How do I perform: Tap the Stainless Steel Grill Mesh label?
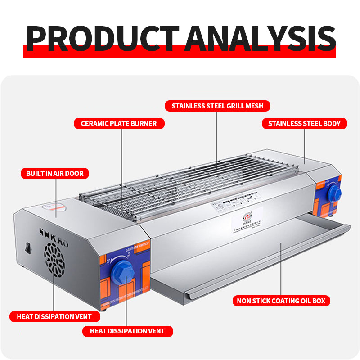217,106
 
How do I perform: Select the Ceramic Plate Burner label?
119,123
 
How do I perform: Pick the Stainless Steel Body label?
304,123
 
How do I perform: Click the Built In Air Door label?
55,173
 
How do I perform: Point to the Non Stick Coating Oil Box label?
281,301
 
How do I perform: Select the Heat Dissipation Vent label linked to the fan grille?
54,316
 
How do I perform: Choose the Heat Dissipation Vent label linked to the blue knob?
128,331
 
